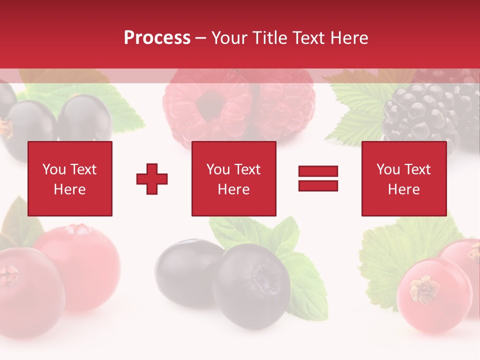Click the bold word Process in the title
click(x=157, y=37)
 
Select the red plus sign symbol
click(x=152, y=178)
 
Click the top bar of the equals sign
click(x=318, y=171)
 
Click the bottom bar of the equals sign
click(x=318, y=185)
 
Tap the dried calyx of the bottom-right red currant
click(x=425, y=289)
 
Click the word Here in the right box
click(x=403, y=189)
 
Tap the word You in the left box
click(x=54, y=169)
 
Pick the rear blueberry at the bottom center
click(x=185, y=270)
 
